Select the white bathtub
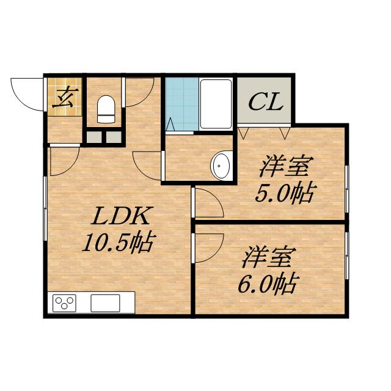point(216,103)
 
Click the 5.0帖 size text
point(284,194)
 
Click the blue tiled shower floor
point(181,103)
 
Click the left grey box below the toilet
point(93,136)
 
